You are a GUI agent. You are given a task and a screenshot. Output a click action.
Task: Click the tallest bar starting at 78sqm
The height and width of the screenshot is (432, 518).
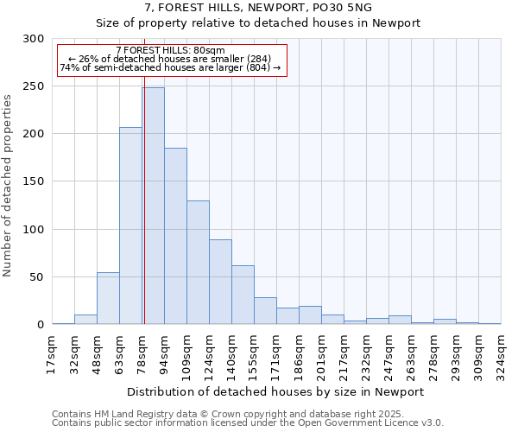(x=153, y=206)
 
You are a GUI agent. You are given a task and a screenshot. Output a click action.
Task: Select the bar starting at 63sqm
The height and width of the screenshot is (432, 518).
(x=130, y=226)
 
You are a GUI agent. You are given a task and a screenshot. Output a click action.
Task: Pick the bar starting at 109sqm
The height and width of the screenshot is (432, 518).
(x=198, y=263)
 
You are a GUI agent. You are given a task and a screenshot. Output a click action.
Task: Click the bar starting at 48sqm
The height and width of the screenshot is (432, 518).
(x=108, y=298)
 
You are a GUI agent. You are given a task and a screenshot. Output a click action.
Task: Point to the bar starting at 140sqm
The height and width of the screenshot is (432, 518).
(x=243, y=295)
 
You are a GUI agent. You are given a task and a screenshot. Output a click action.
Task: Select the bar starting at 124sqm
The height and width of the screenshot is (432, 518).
(x=220, y=282)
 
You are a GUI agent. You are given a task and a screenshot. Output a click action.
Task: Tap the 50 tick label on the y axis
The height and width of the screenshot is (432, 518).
(x=38, y=277)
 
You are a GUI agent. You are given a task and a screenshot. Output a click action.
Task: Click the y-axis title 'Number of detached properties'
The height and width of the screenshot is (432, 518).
(x=9, y=182)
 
